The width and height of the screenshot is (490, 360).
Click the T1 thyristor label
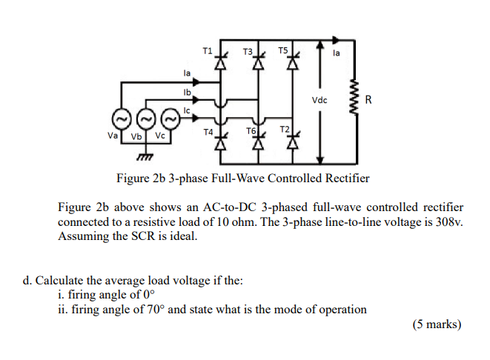pyautogui.click(x=207, y=50)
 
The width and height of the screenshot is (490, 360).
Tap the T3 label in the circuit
pyautogui.click(x=248, y=52)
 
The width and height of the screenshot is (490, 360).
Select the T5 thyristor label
pyautogui.click(x=283, y=50)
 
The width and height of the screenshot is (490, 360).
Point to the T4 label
pyautogui.click(x=208, y=130)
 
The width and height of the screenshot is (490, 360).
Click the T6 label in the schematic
pyautogui.click(x=250, y=130)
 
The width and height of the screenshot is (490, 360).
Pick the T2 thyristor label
pyautogui.click(x=285, y=129)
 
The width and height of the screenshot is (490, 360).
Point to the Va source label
pyautogui.click(x=113, y=136)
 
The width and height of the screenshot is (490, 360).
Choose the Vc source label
pyautogui.click(x=160, y=136)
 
